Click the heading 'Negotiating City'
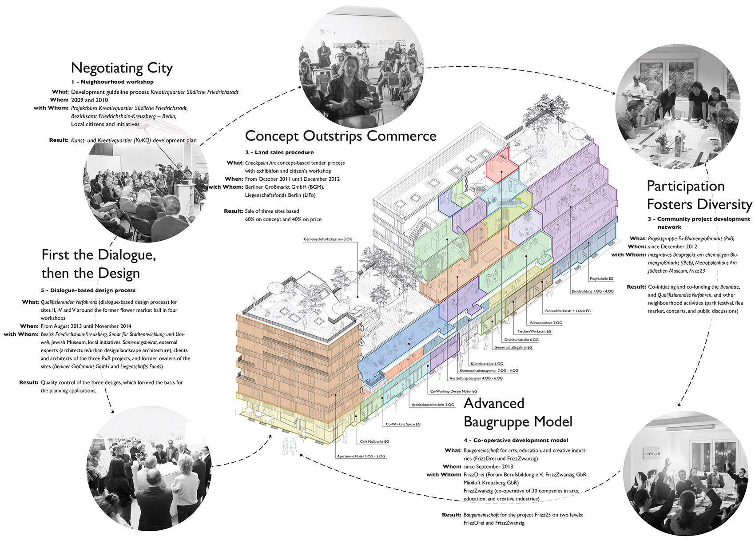122,68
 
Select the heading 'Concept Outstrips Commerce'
341,136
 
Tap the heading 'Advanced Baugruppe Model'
518,413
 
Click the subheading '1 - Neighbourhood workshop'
112,82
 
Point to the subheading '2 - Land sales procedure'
279,152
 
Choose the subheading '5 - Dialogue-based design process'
88,290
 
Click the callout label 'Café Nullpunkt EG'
374,441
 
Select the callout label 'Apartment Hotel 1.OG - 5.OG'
361,456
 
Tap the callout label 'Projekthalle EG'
601,279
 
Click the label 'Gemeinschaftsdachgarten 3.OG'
328,239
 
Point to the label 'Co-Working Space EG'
403,424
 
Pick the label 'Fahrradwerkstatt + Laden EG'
568,311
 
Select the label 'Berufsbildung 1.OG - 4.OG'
592,291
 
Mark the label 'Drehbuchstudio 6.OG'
521,340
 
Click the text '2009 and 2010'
89,100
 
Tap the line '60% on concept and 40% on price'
283,219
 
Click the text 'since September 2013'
488,467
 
